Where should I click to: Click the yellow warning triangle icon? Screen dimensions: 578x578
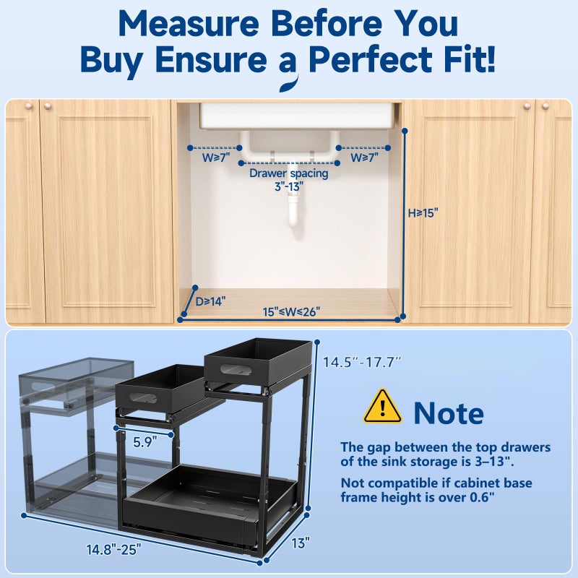(382, 407)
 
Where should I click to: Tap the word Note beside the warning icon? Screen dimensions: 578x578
(448, 413)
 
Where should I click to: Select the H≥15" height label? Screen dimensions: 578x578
(423, 212)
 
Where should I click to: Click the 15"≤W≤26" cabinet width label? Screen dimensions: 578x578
(291, 312)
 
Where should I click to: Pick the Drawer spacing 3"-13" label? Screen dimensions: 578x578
(288, 179)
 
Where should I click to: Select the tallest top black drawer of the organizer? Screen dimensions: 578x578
(257, 361)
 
